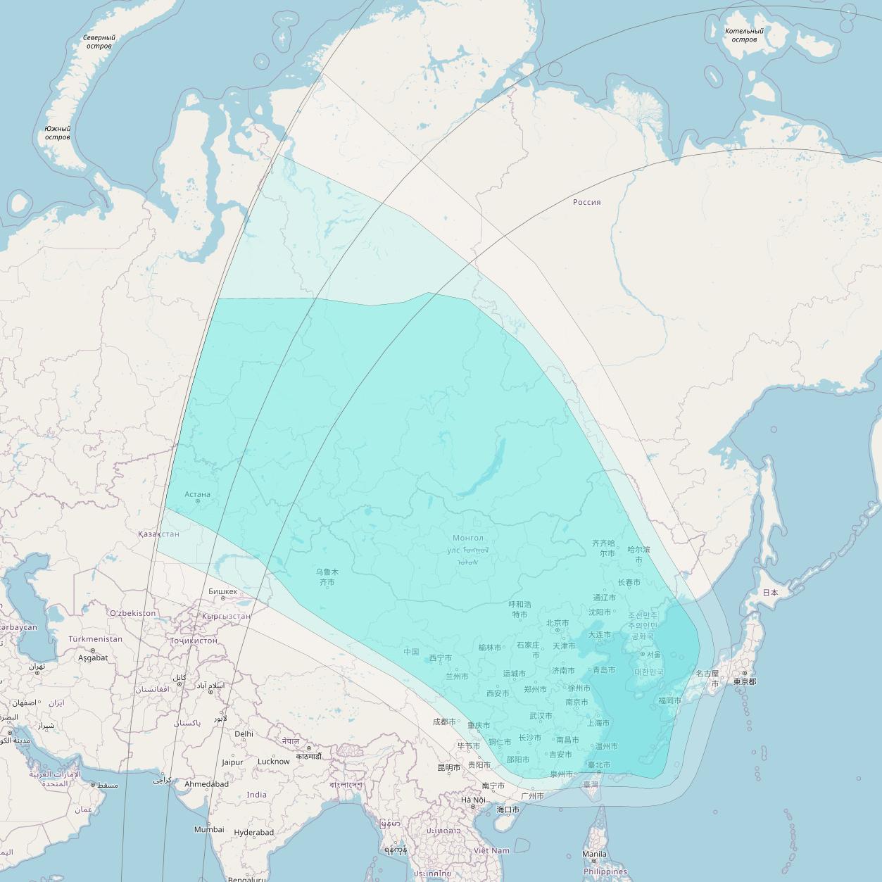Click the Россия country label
point(586,202)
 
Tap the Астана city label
point(197,494)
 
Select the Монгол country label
point(468,538)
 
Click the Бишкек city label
point(223,591)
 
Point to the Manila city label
point(594,854)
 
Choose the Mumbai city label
point(209,829)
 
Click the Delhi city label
point(244,733)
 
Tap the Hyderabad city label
point(253,832)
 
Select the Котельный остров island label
point(744,35)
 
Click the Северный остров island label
point(99,42)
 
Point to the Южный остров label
point(57,133)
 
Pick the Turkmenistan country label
point(95,639)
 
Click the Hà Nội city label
point(473,800)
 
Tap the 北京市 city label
point(557,623)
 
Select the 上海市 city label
point(598,723)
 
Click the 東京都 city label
point(744,681)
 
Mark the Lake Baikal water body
point(486,472)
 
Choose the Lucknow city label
point(273,761)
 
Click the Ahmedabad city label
point(206,783)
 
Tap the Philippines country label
point(605,871)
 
